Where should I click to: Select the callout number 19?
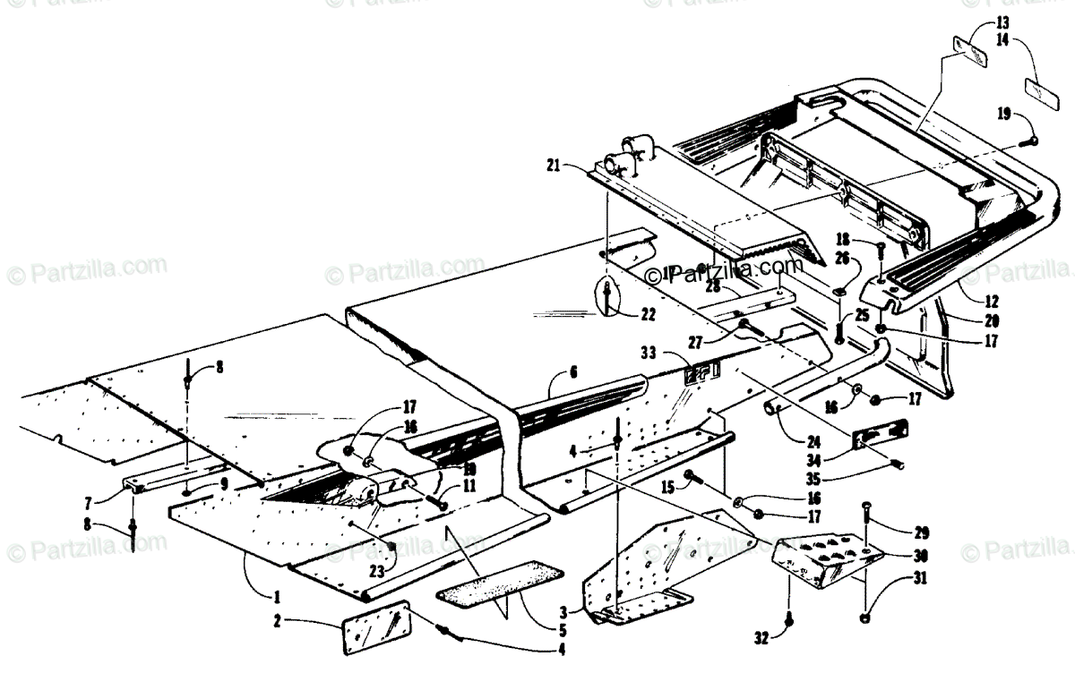tap(1003, 113)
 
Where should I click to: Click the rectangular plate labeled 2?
tap(377, 628)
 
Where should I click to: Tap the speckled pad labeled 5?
tap(495, 583)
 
